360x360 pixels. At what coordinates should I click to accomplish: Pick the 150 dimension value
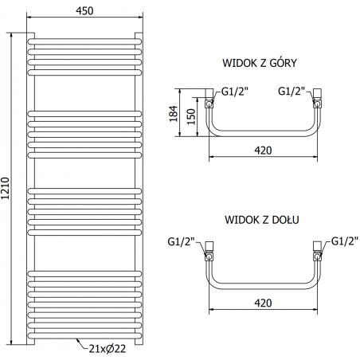coord(190,115)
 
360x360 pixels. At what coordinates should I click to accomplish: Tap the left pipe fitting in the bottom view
coord(209,248)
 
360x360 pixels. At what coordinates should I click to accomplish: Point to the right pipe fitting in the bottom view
coord(316,248)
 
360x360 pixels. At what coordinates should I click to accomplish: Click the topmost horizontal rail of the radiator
coord(84,38)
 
